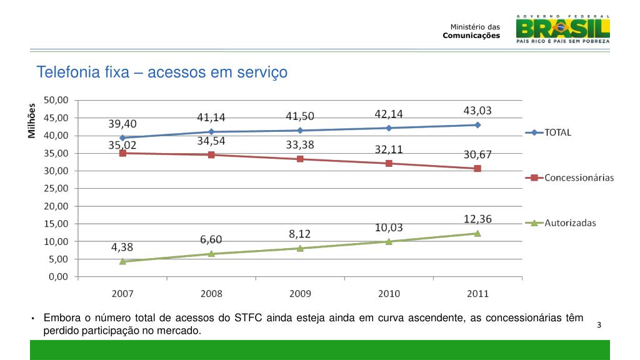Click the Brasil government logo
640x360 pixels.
562,28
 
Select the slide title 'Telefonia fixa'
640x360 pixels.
162,72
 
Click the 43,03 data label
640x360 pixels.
477,111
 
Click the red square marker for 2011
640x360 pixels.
477,168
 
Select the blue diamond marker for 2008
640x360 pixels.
211,132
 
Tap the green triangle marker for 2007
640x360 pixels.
122,261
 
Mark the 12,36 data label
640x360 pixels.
477,219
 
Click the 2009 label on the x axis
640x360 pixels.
300,293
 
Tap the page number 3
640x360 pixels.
599,325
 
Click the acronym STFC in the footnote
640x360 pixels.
248,318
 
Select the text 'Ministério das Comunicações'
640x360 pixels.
472,31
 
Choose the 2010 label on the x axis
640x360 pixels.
389,293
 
